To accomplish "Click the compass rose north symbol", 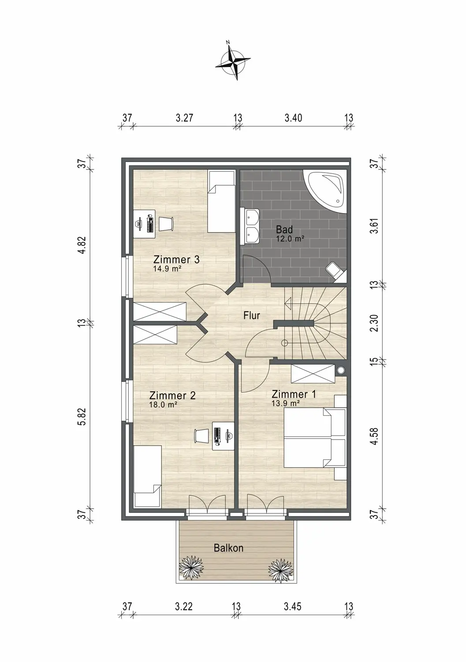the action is pos(233,61).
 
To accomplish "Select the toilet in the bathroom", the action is pos(336,271).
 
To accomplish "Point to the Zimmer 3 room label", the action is pos(176,260).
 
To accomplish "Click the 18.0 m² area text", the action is pos(163,404).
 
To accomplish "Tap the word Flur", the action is pos(252,316).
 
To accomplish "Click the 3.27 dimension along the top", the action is pos(184,118).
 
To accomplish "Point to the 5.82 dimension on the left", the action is pos(82,416).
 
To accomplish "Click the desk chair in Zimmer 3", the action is pos(166,224).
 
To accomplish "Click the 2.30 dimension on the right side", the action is pos(374,323).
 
